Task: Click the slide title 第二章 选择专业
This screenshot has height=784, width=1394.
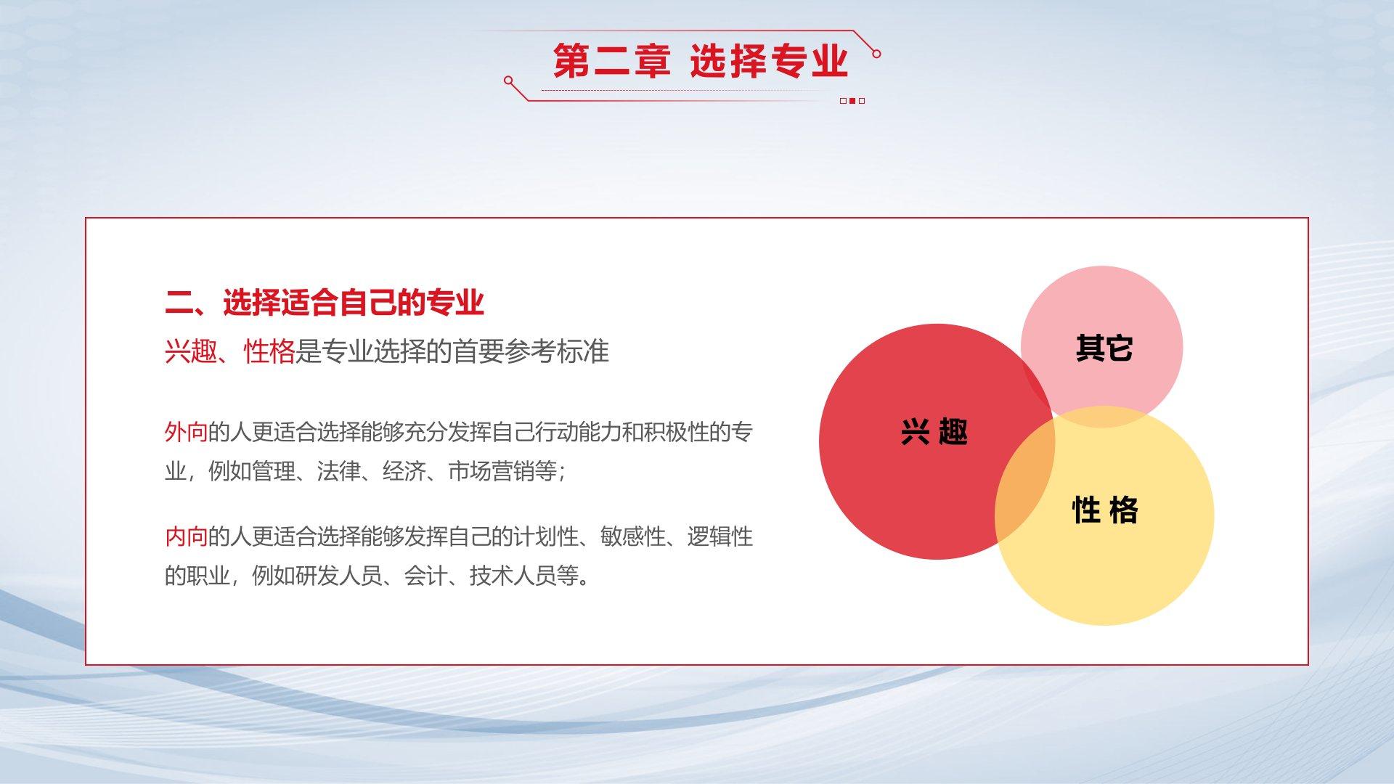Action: tap(701, 61)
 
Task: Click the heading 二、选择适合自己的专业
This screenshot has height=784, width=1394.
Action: tap(325, 303)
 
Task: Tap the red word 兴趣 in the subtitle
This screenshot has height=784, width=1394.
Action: tap(190, 351)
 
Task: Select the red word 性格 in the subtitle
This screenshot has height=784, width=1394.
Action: tap(269, 351)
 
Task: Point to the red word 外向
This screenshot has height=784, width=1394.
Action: tap(187, 433)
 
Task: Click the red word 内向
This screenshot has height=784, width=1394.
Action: tap(187, 537)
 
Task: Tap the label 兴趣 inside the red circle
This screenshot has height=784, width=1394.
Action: tap(934, 432)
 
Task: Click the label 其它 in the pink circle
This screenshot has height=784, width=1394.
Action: tap(1104, 348)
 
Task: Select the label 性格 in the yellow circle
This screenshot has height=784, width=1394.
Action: tap(1105, 510)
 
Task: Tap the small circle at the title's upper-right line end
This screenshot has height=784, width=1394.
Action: tap(876, 54)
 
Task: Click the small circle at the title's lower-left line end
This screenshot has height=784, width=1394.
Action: tap(508, 81)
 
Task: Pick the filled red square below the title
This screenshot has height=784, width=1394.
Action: tap(852, 101)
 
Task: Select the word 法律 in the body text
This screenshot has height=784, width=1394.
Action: tap(339, 472)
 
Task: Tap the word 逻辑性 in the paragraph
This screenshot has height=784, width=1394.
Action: tap(720, 537)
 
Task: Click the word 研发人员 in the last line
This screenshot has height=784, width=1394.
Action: tap(317, 576)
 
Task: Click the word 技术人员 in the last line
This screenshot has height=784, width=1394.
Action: tap(513, 576)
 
